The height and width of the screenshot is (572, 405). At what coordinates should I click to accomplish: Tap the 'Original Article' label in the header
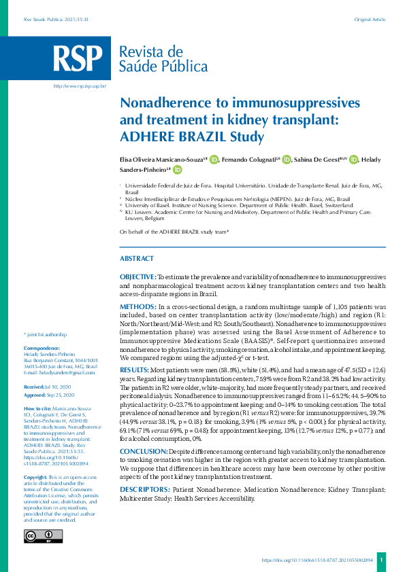[x=371, y=20]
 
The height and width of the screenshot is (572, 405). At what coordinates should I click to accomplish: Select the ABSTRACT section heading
[x=137, y=259]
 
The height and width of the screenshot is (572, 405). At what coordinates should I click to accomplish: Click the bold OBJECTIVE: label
[x=138, y=278]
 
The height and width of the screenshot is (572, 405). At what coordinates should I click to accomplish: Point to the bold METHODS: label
[x=138, y=308]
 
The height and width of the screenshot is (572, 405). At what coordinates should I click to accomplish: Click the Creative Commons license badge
[x=43, y=536]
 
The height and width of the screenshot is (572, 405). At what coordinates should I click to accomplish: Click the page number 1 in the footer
[x=382, y=560]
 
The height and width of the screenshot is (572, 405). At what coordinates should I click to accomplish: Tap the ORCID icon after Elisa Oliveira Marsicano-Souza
[x=214, y=160]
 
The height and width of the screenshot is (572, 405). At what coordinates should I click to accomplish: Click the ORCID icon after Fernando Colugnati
[x=287, y=160]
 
